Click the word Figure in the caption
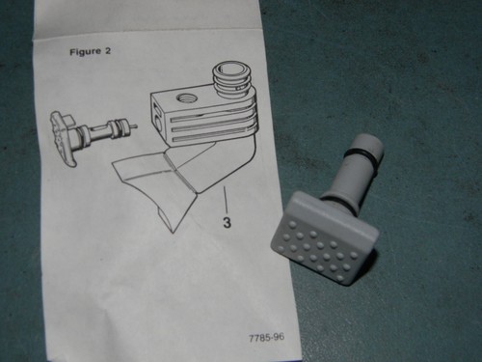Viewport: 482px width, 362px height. [x=86, y=52]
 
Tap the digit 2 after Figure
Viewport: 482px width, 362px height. [x=108, y=51]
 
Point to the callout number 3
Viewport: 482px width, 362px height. [x=227, y=222]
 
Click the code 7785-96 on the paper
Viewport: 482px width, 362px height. [x=266, y=338]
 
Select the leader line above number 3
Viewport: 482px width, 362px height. [x=227, y=201]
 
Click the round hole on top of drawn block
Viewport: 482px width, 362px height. [x=186, y=97]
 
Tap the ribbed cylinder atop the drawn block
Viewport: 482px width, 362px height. [x=231, y=80]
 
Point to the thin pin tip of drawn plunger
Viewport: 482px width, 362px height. [x=134, y=126]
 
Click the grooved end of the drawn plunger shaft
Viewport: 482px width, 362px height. [x=119, y=126]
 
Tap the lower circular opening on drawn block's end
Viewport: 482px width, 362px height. [x=159, y=124]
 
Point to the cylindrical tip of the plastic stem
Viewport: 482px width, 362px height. [x=368, y=144]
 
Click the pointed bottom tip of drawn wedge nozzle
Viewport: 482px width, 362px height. [x=174, y=232]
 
